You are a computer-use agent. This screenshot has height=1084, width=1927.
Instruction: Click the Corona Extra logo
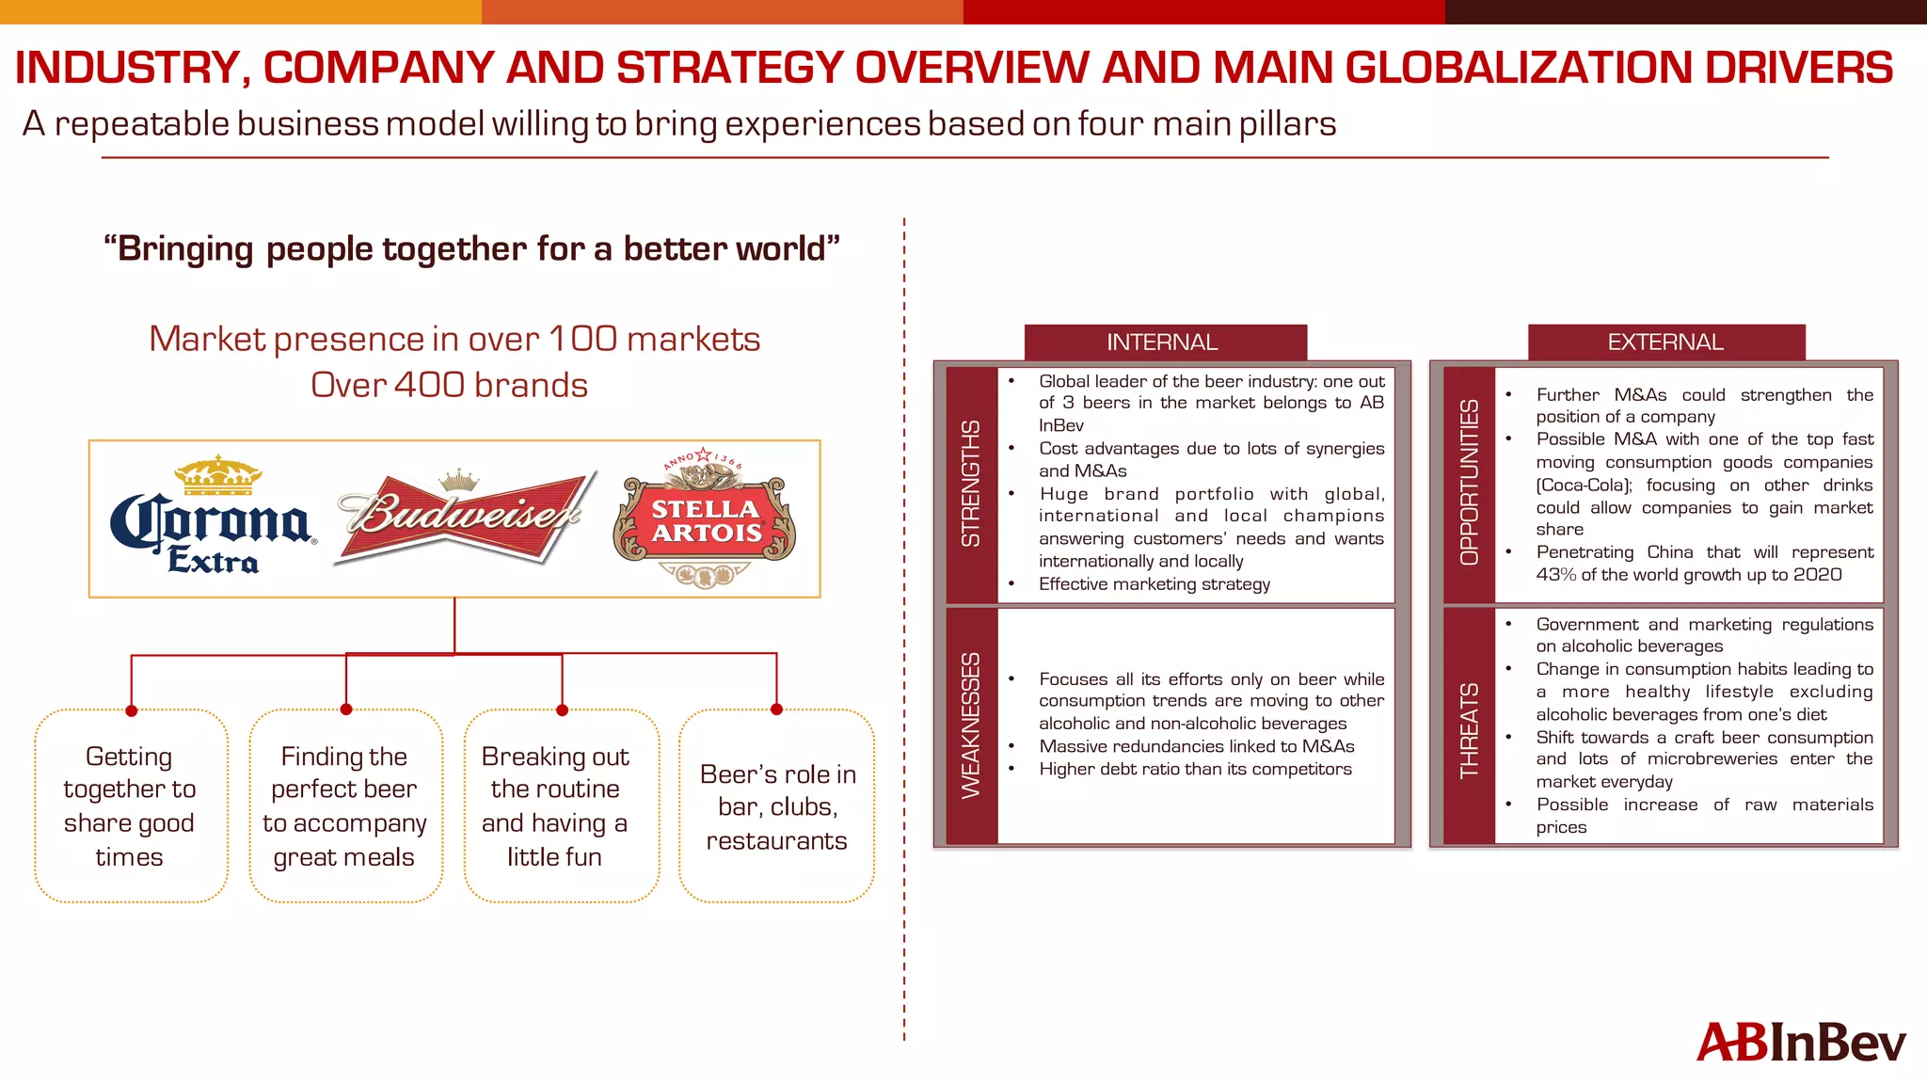point(213,518)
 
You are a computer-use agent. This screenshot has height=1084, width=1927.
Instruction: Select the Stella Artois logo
point(705,518)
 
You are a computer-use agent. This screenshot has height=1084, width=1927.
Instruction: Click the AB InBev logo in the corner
point(1800,1043)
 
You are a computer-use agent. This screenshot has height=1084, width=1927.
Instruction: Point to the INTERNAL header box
point(1164,343)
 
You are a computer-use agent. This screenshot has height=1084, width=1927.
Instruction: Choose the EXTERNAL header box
point(1665,343)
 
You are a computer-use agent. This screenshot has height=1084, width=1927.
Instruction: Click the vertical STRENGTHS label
point(971,483)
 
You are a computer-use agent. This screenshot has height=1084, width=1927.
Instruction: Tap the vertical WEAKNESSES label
point(971,725)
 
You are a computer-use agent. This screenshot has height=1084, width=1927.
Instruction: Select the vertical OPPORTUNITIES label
point(1469,483)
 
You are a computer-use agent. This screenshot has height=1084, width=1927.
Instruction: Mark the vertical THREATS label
point(1469,731)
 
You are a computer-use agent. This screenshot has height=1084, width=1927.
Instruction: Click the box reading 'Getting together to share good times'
point(131,806)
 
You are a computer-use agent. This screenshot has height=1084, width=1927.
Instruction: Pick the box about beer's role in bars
point(777,806)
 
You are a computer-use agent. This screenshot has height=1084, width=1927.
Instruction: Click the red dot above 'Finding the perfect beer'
point(346,709)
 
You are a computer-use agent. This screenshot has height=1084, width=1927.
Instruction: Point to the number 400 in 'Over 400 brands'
point(428,385)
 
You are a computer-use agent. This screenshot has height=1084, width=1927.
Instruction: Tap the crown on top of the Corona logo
point(218,475)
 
